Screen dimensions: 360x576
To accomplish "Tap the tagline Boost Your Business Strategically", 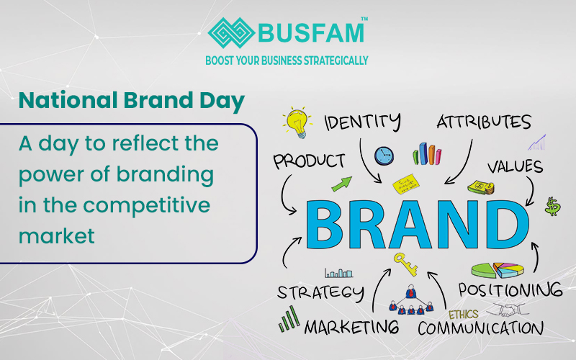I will point(287,60).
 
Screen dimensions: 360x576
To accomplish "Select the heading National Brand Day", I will point(131,101).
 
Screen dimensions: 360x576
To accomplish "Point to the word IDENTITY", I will point(362,122).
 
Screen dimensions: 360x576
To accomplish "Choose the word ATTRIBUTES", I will point(484,122).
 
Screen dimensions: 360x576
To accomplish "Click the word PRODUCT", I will point(307,161).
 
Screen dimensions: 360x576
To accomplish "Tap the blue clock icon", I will point(384,155).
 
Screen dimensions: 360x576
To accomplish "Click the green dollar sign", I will point(553,207).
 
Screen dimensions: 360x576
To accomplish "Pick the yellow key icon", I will point(405,264).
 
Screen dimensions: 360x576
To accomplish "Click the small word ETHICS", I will point(463,315).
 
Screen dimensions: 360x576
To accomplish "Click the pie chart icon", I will point(498,270).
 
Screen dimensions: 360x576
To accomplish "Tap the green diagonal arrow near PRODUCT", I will point(342,184).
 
